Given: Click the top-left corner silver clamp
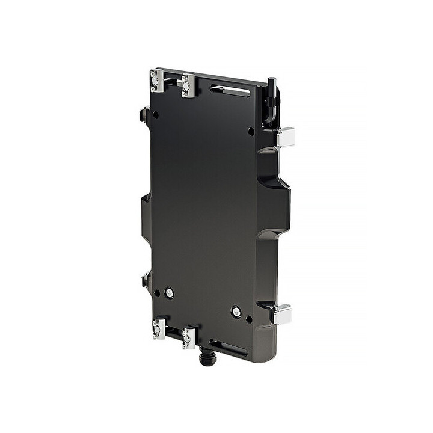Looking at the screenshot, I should click(x=158, y=81).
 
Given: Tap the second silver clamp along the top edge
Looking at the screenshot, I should click(x=188, y=85).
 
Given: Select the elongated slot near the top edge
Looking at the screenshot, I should click(x=230, y=91).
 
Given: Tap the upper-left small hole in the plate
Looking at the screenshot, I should click(x=155, y=114).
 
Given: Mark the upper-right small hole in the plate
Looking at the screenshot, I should click(x=251, y=131).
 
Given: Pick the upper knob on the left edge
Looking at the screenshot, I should click(x=144, y=114).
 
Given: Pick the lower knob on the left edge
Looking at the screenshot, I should click(x=145, y=280).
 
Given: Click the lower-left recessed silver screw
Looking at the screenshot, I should click(x=170, y=292).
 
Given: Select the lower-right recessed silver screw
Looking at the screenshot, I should click(x=236, y=312).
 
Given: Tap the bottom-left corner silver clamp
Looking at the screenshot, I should click(x=159, y=328).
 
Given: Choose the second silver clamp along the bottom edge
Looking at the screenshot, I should click(x=189, y=338).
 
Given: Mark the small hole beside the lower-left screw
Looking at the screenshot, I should click(x=156, y=293).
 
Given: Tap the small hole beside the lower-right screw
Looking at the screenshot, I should click(x=249, y=319).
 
